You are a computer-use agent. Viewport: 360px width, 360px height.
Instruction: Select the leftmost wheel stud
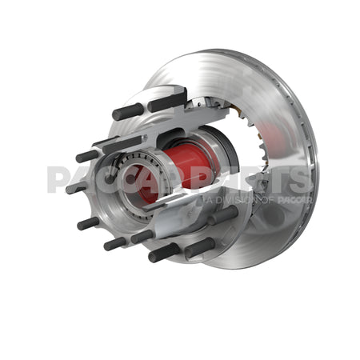click(x=78, y=189)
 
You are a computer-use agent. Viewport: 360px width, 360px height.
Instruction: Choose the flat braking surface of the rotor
click(x=272, y=88)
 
